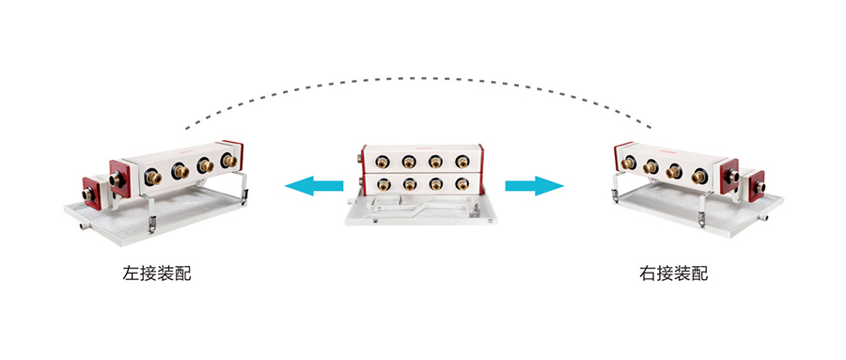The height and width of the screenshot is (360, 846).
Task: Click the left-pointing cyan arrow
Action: [x=313, y=186]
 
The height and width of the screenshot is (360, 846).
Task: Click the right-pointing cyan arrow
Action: [x=534, y=186]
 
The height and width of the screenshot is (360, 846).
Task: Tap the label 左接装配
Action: [x=157, y=274]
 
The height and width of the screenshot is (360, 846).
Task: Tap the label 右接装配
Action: [x=673, y=274]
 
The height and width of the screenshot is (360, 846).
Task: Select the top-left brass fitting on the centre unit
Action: [x=383, y=162]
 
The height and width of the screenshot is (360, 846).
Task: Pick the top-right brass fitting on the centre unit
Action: [x=462, y=162]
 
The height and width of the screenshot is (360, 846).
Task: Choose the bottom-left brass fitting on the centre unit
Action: [x=384, y=184]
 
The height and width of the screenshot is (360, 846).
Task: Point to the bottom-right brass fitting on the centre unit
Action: [x=462, y=184]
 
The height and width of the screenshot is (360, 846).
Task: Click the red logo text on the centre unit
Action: [x=421, y=149]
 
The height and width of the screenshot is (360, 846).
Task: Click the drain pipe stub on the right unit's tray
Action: [x=763, y=218]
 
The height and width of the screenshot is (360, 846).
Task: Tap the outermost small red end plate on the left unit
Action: [x=91, y=194]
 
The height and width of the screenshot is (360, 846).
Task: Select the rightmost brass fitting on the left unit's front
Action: [x=229, y=161]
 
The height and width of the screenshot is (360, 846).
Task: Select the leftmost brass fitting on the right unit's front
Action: [x=627, y=163]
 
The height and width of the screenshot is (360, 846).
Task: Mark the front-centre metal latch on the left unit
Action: [x=152, y=224]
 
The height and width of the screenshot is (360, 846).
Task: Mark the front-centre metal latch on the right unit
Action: [x=702, y=219]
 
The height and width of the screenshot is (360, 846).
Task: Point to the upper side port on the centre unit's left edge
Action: [x=359, y=159]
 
